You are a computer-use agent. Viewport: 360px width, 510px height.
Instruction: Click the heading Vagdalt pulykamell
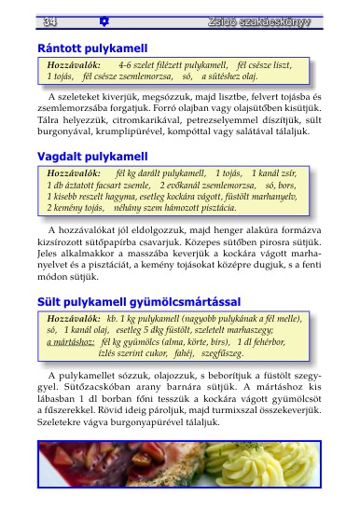pyautogui.click(x=92, y=157)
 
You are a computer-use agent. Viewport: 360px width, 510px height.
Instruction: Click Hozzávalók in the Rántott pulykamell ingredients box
pyautogui.click(x=73, y=66)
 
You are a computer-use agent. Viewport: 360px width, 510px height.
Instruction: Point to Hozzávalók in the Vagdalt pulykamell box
pyautogui.click(x=73, y=174)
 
